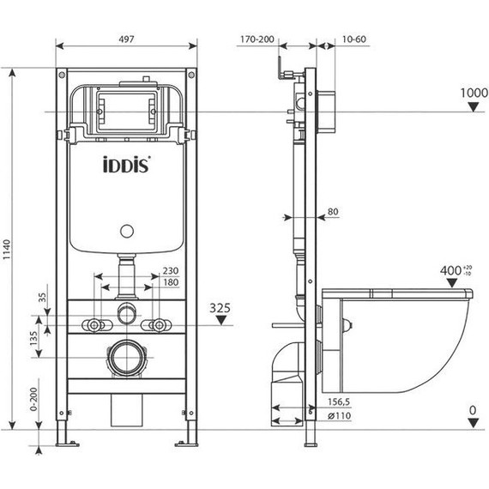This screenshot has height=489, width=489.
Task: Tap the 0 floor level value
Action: (x=473, y=410)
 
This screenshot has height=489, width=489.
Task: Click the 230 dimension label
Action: (x=171, y=270)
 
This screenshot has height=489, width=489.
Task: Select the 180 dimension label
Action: (x=171, y=283)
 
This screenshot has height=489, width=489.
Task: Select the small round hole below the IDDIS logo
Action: (x=126, y=231)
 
